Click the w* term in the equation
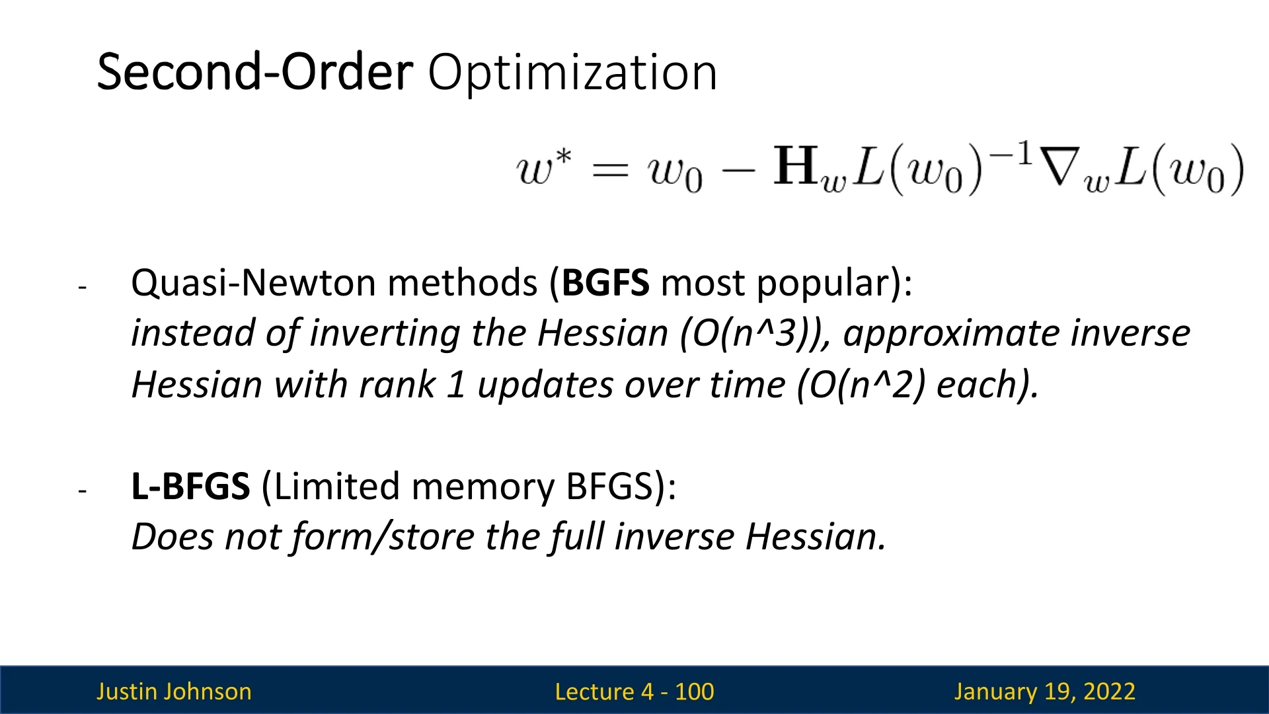543,167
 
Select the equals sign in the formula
609,171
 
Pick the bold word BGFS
605,283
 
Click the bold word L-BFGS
190,487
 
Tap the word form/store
383,537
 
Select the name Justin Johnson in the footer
174,692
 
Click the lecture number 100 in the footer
694,692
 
